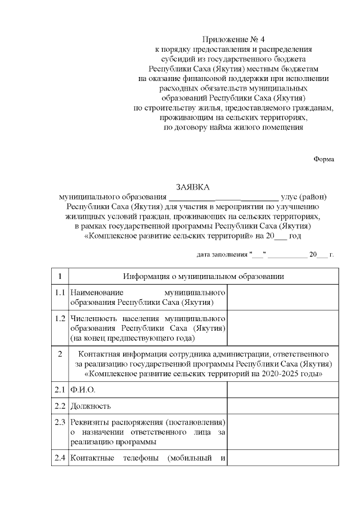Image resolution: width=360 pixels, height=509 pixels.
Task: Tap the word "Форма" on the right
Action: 323,159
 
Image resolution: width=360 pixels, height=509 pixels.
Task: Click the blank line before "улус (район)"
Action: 223,197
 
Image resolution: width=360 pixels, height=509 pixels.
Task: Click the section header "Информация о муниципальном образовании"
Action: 204,276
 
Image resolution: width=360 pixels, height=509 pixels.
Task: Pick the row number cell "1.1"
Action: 60,292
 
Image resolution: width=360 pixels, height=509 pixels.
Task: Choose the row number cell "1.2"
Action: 60,318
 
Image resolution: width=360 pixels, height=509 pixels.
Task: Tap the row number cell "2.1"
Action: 60,390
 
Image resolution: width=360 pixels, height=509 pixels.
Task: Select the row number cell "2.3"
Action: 60,422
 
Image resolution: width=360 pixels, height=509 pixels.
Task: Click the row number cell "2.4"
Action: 60,457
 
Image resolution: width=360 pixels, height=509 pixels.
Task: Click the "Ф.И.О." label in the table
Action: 83,390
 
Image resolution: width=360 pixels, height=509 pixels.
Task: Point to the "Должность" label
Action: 90,406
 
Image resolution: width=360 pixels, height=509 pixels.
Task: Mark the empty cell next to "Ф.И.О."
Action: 282,390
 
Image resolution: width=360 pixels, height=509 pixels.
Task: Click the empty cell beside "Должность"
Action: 282,406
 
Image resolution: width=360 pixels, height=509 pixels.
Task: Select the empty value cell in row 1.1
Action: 282,298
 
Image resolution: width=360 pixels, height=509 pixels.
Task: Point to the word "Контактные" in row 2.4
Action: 92,457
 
